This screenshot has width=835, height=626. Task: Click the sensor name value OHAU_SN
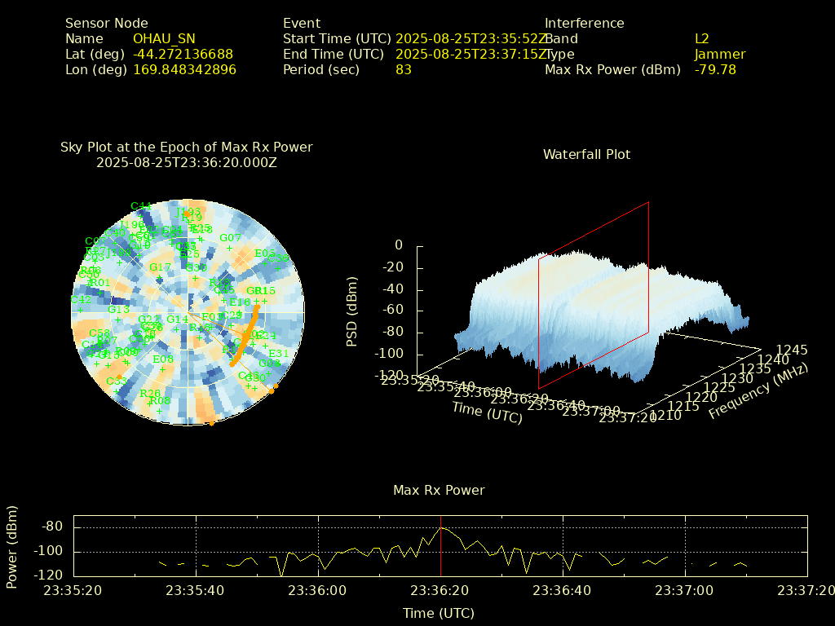point(164,38)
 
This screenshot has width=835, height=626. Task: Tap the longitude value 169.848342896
point(184,69)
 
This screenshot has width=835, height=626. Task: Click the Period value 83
point(404,69)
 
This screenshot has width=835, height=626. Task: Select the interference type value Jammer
point(720,54)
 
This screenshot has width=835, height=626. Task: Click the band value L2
point(702,38)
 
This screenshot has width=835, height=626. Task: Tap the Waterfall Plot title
point(586,154)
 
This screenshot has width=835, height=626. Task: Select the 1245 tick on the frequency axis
point(792,350)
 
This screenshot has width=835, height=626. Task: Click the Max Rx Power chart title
point(439,490)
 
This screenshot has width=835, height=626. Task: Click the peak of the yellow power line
point(440,527)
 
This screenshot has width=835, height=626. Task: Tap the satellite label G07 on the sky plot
point(230,238)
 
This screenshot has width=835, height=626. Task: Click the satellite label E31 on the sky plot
point(279,353)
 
